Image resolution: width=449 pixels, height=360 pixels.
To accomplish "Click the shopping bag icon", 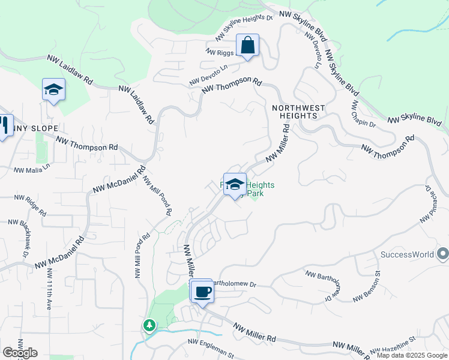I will [247, 46].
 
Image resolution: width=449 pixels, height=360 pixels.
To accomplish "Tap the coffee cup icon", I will [202, 292].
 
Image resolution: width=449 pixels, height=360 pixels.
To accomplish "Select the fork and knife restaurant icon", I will [3, 125].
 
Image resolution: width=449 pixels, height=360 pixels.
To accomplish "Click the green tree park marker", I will [149, 325].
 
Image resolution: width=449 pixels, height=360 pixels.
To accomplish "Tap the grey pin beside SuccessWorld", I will [442, 254].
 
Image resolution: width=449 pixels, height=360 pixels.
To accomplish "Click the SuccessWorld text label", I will [407, 254].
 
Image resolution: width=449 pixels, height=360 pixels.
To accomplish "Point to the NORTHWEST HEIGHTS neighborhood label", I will [298, 112].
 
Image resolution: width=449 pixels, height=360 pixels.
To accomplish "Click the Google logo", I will [20, 353].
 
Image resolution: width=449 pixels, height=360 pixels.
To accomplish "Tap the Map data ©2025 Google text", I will [412, 355].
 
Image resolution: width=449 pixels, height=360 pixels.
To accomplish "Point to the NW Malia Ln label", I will [32, 168].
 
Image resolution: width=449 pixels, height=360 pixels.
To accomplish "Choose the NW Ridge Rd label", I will [30, 205].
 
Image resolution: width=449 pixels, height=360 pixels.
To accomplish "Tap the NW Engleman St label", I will [211, 349].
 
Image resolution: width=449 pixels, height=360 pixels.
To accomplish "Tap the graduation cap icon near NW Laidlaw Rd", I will [53, 90].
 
